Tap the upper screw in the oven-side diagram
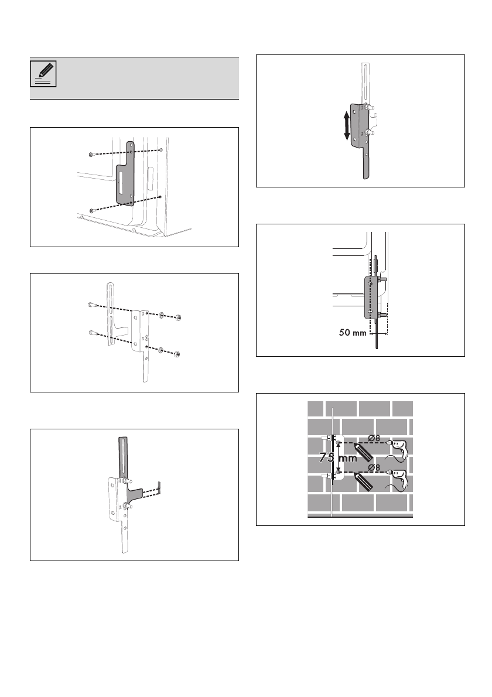pyautogui.click(x=89, y=155)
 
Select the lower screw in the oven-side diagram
pyautogui.click(x=91, y=210)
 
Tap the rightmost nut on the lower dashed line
pyautogui.click(x=177, y=354)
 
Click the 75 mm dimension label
pyautogui.click(x=338, y=459)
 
